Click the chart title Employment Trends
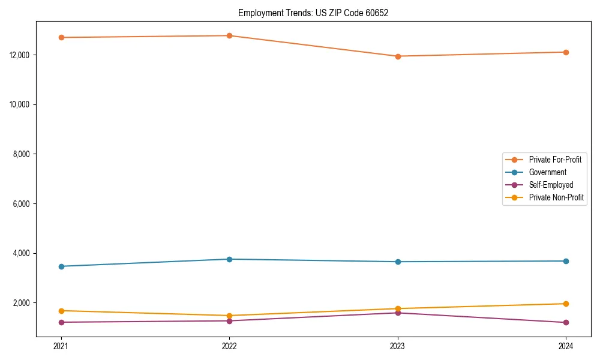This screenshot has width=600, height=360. (x=313, y=13)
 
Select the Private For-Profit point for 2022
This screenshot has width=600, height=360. (x=229, y=35)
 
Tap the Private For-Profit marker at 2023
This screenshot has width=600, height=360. (x=398, y=56)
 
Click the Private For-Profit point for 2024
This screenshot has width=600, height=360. (x=566, y=52)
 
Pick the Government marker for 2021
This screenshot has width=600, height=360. (x=61, y=266)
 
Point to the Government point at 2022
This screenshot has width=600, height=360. (x=229, y=259)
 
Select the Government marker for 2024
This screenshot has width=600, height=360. (x=566, y=261)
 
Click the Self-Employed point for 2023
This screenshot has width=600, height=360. (x=398, y=313)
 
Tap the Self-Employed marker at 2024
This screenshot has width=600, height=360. (x=566, y=323)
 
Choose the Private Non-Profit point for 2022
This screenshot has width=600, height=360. (x=229, y=316)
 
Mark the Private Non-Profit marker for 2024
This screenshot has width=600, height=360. (x=566, y=304)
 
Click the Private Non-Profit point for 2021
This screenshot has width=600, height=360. (x=61, y=311)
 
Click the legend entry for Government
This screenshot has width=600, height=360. (x=547, y=172)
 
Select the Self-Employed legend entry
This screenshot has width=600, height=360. (x=551, y=185)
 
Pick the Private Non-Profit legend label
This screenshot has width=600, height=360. (x=556, y=197)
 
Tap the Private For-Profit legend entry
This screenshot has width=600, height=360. (x=555, y=160)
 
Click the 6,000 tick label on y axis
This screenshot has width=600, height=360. (x=21, y=204)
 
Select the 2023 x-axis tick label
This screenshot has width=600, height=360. (x=398, y=346)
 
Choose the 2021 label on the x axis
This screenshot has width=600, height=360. (x=61, y=346)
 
